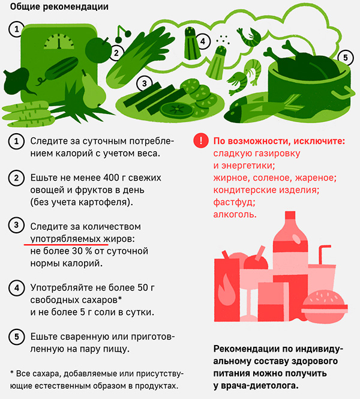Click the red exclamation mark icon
(x=201, y=140)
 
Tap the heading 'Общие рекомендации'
(x=59, y=7)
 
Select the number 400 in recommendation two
(x=112, y=178)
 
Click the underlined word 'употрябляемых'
(x=65, y=239)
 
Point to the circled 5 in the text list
(x=17, y=337)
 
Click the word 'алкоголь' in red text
(x=235, y=215)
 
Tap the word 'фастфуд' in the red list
(x=234, y=202)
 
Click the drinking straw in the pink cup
(x=323, y=254)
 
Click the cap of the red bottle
(x=290, y=215)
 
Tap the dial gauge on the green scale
(x=59, y=41)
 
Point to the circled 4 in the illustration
(x=203, y=41)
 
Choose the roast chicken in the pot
(x=304, y=62)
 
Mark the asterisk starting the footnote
(x=12, y=373)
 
